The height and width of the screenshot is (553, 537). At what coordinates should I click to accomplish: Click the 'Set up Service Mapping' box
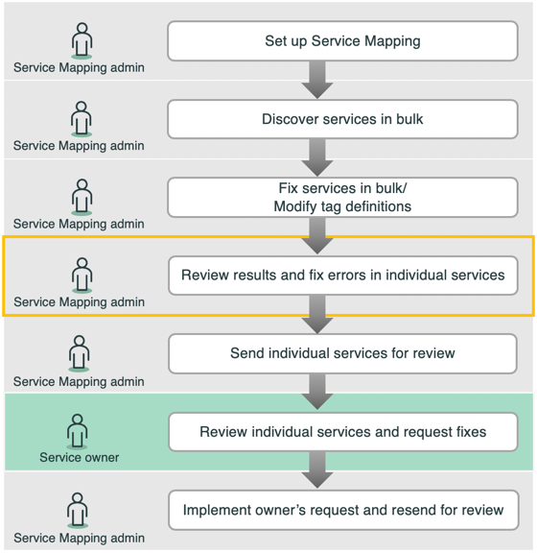click(342, 41)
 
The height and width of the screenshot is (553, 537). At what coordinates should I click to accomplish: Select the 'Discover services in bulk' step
click(342, 119)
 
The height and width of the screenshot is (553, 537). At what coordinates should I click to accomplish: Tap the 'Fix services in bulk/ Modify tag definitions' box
click(342, 197)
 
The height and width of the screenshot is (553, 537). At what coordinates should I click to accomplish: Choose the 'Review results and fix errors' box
click(343, 276)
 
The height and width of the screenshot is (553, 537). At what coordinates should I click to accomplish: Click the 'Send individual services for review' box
click(342, 353)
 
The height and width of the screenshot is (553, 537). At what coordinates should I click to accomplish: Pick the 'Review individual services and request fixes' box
click(343, 432)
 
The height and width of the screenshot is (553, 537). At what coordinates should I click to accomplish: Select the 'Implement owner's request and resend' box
click(343, 510)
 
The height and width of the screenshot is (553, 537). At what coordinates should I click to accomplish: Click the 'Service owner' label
click(80, 457)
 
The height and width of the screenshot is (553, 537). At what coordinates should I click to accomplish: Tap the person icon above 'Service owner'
click(77, 432)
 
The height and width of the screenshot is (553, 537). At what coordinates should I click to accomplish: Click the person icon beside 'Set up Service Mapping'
click(82, 40)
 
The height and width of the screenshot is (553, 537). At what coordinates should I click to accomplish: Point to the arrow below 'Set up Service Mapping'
click(317, 80)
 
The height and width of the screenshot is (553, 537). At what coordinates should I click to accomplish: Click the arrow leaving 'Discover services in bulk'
click(317, 157)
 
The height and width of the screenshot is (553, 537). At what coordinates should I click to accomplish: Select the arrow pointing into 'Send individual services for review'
click(317, 315)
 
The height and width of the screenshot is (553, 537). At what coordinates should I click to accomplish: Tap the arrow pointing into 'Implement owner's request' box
click(317, 470)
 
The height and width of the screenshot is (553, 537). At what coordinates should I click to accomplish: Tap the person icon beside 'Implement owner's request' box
click(77, 511)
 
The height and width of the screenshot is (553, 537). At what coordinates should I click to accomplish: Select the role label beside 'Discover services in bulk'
click(79, 146)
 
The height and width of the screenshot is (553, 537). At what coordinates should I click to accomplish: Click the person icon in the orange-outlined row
click(82, 276)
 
